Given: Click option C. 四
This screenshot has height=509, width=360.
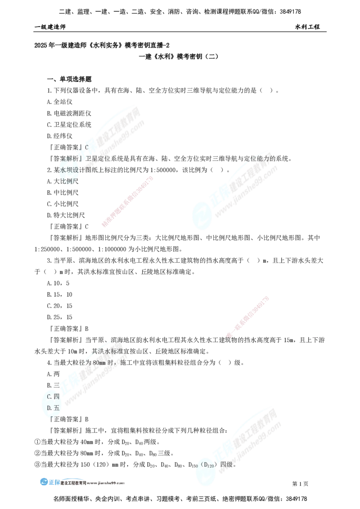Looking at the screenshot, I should (x=54, y=397).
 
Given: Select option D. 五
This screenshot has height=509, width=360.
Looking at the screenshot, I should (x=54, y=408).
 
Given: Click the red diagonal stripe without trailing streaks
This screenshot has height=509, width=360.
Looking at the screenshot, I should (x=128, y=201).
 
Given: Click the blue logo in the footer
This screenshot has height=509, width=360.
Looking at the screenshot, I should (x=49, y=481).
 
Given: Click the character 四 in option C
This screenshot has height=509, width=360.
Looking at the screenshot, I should (x=57, y=397).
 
